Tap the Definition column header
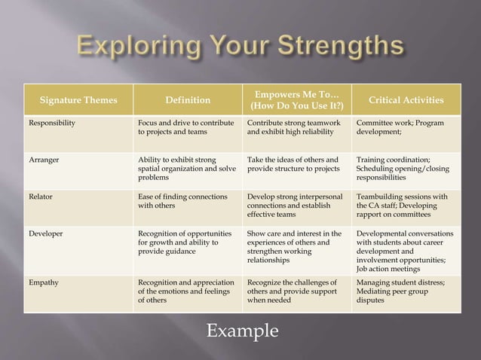tap(188, 100)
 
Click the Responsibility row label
tap(52, 123)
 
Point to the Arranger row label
tap(44, 160)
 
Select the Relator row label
tap(41, 197)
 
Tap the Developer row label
tap(46, 233)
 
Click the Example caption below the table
tap(242, 331)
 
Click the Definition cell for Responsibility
tap(186, 127)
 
